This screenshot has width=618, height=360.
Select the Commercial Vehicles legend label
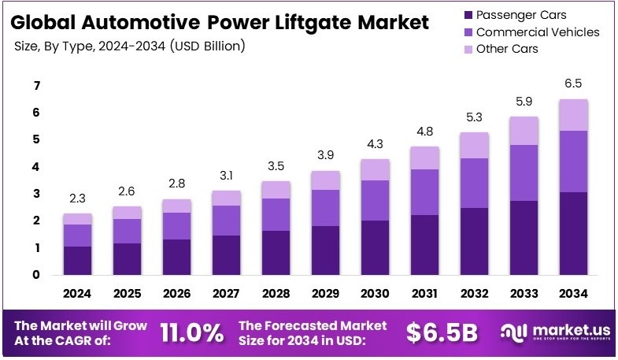coord(538,32)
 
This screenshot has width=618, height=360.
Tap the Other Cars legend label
coord(508,50)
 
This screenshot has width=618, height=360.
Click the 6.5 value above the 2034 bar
coord(574,83)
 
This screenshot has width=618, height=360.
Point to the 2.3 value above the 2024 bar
coord(77,199)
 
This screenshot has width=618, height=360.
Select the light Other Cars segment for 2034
coord(574,115)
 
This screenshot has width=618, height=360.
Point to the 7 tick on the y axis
coord(36,85)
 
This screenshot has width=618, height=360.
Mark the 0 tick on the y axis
coord(36,275)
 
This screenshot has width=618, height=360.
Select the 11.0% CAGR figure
coord(192,332)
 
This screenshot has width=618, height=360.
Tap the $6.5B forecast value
coord(442,332)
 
